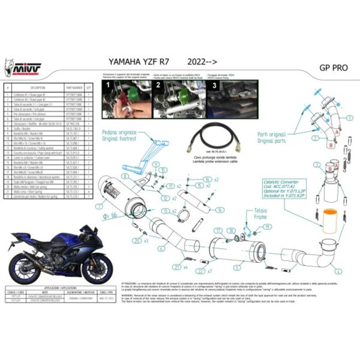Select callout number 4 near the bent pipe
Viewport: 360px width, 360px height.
337,271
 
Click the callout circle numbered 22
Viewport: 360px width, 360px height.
201,271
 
